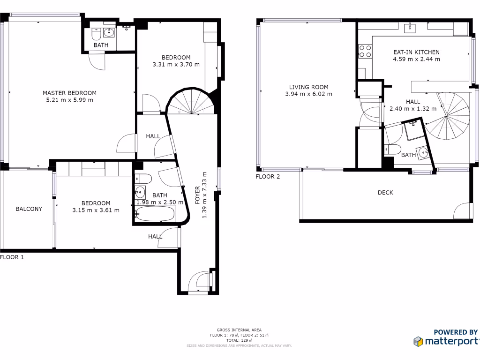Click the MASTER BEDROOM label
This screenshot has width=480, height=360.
pos(69,93)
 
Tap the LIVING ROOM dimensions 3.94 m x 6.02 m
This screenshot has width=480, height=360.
pos(308,94)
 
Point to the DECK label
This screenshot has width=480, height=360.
pos(385,193)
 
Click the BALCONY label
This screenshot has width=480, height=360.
pos(29,209)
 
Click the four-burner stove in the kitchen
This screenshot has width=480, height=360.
pos(365,51)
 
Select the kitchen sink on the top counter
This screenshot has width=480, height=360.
pos(411,27)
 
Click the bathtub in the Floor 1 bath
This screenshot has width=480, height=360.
pos(155,215)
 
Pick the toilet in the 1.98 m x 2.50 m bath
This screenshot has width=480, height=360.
pos(143,179)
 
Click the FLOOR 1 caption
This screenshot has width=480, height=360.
pos(12,257)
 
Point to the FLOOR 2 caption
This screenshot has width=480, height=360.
pos(268,177)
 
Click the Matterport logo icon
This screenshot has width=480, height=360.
pos(418,341)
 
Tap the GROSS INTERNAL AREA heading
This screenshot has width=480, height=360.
pos(239,330)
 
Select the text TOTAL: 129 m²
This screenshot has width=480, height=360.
pos(239,340)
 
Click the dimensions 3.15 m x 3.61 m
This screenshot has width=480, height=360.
pos(96,210)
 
